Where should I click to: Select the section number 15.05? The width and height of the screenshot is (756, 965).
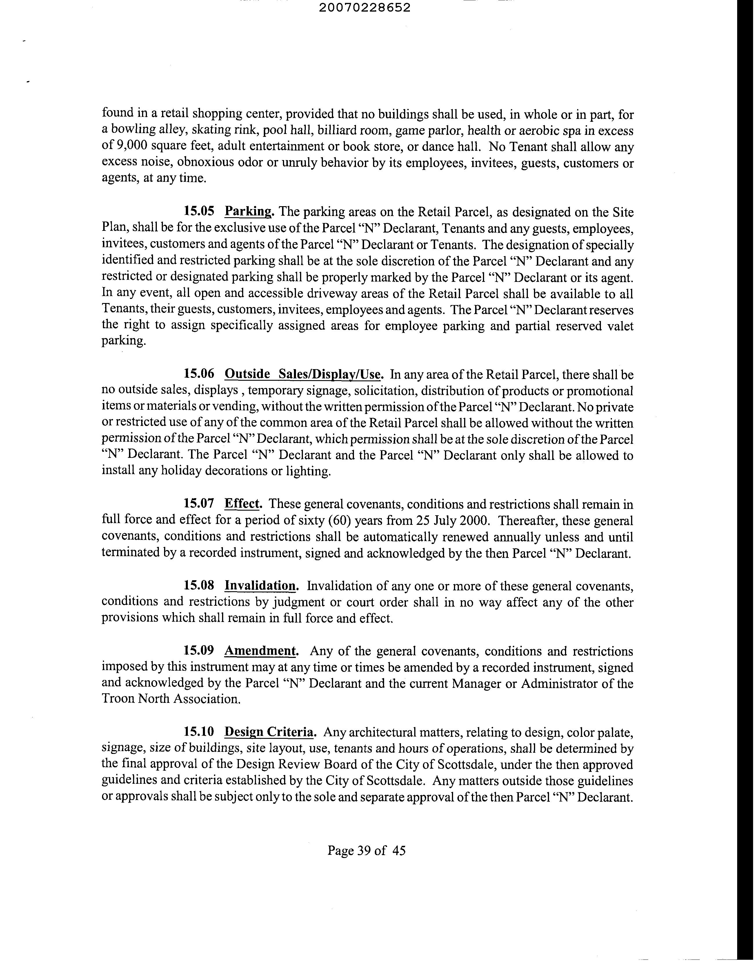[199, 211]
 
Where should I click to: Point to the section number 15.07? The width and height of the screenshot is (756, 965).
[199, 503]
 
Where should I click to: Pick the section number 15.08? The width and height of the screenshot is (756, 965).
[199, 586]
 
